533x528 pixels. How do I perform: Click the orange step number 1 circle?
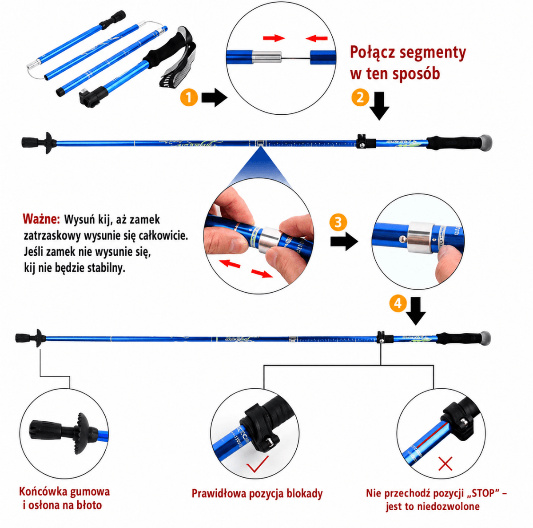(189, 97)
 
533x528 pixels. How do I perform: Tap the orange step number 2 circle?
(360, 97)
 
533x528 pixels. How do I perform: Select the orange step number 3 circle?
(338, 222)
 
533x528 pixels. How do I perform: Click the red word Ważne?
(41, 219)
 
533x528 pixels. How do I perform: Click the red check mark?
(258, 464)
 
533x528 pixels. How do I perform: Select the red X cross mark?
(445, 464)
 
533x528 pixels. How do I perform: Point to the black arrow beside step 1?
(214, 97)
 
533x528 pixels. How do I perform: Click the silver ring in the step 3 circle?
(420, 237)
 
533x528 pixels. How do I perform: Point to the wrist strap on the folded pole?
(177, 57)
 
